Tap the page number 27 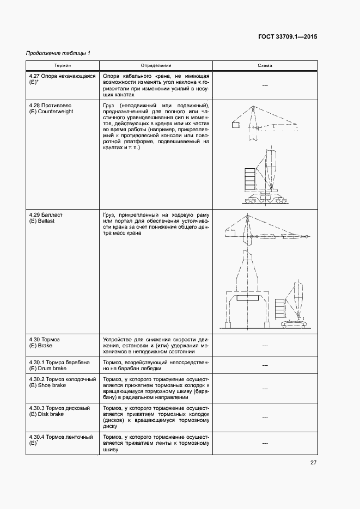(313, 463)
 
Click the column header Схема (265, 66)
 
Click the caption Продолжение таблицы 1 (58, 53)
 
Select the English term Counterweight (56, 111)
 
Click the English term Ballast (46, 221)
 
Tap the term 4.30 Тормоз (45, 339)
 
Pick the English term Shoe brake (52, 385)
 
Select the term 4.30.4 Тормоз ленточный (60, 437)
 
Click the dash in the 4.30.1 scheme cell (265, 365)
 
